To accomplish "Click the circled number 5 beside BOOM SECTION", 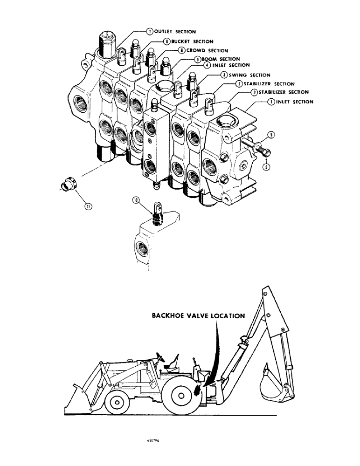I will (x=198, y=59).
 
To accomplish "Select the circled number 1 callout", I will (x=270, y=102).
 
